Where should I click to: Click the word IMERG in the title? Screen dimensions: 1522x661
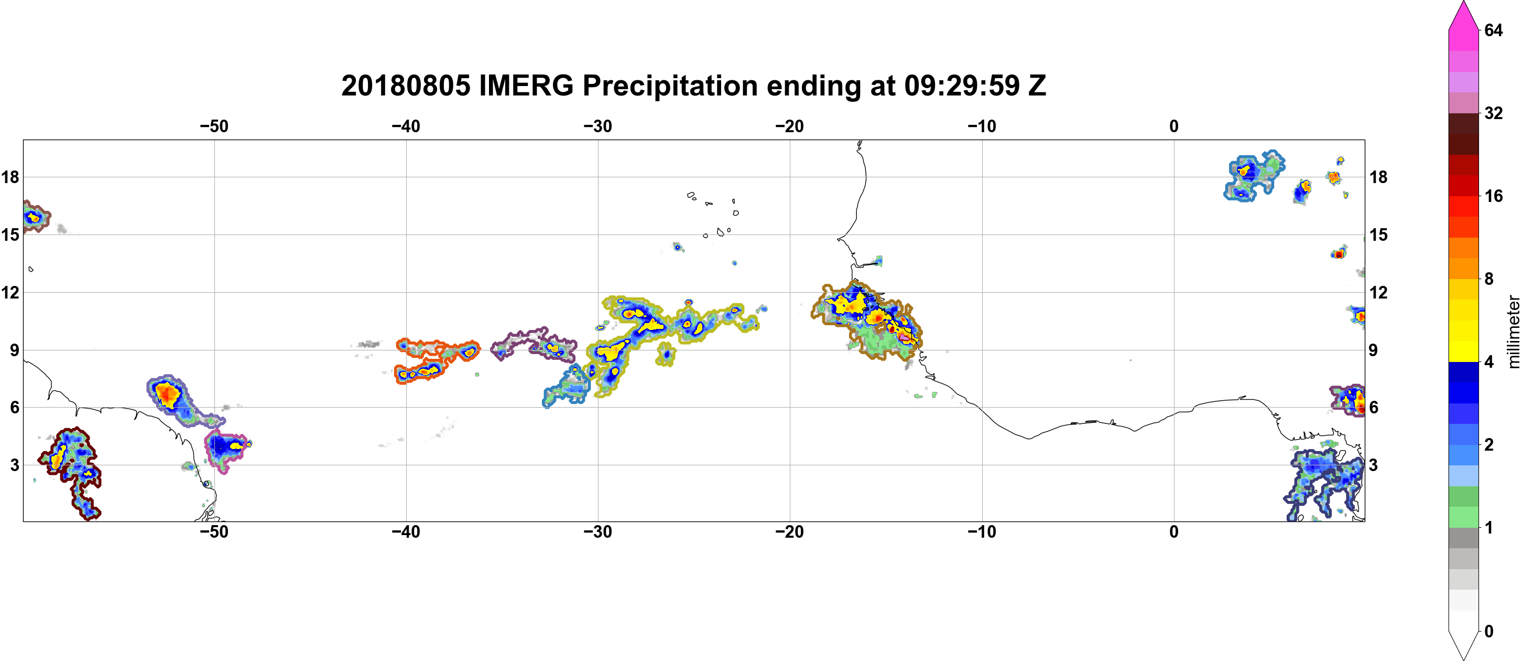pos(526,86)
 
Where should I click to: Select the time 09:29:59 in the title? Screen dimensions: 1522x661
pos(961,86)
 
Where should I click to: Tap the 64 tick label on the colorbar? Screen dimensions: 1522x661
pos(1493,30)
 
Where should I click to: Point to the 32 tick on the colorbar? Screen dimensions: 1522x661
pos(1493,113)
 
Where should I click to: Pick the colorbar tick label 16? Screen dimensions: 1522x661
pos(1493,196)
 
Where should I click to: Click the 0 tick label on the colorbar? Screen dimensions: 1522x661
pos(1488,632)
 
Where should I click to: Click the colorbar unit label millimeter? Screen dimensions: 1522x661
pos(1513,332)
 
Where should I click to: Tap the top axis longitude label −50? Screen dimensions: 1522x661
pos(214,126)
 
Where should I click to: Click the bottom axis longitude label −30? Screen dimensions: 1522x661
pos(598,532)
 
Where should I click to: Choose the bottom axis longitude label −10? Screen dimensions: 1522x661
pos(982,532)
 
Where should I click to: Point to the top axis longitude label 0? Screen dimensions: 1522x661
pos(1174,126)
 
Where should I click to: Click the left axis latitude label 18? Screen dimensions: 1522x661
pos(10,177)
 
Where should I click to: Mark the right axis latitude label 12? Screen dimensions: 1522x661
pos(1378,293)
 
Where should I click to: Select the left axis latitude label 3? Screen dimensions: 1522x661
pos(14,465)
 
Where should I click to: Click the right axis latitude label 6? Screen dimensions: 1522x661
pos(1374,408)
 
